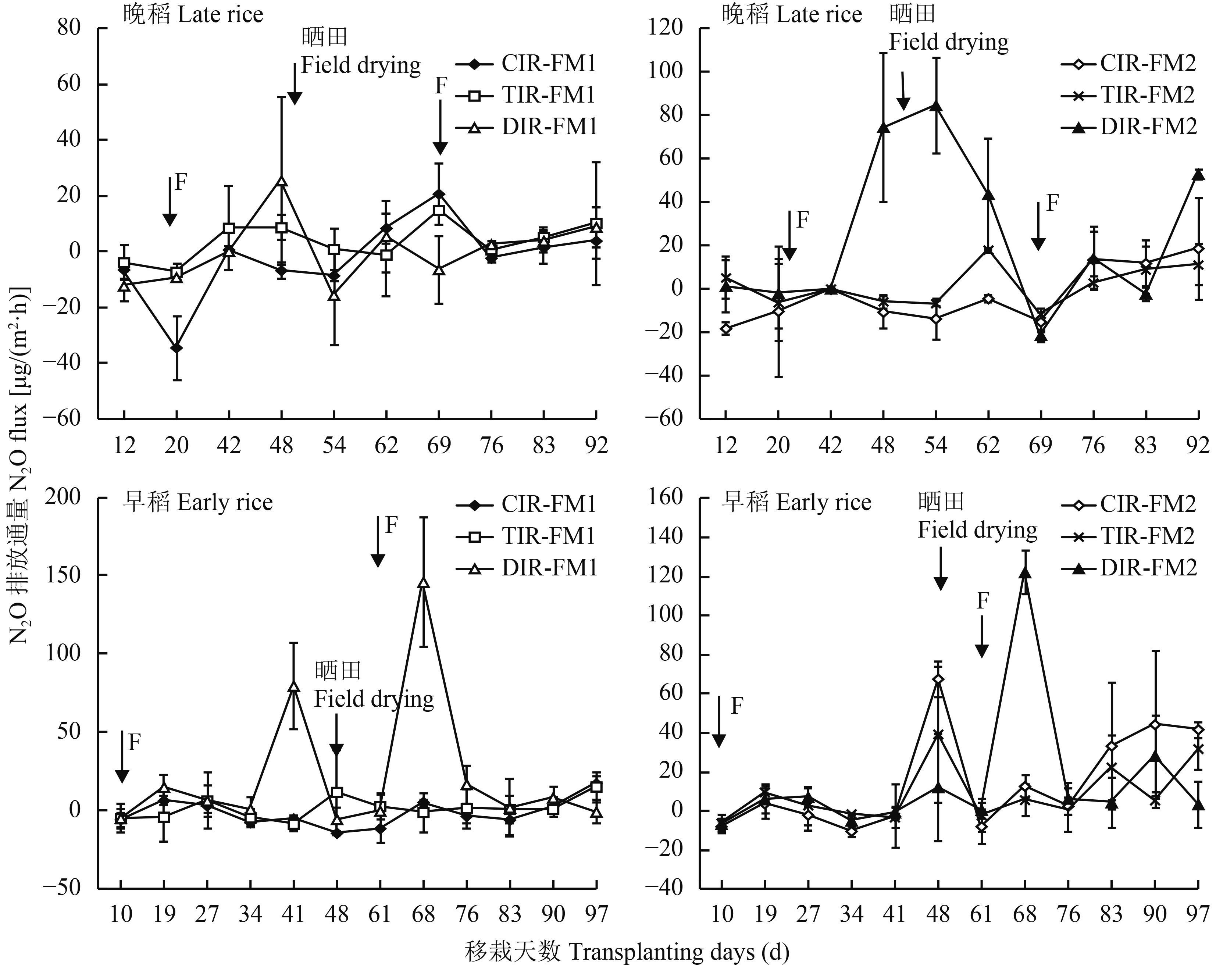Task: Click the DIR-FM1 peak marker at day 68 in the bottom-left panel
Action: coord(424,582)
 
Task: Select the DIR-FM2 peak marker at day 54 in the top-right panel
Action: coord(936,106)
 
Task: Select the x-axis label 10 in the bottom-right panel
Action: coord(722,914)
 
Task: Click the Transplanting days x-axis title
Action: coord(627,952)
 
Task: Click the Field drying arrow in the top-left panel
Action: coord(295,83)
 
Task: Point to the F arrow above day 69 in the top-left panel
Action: coord(441,127)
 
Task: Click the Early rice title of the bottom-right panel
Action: coord(796,502)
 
